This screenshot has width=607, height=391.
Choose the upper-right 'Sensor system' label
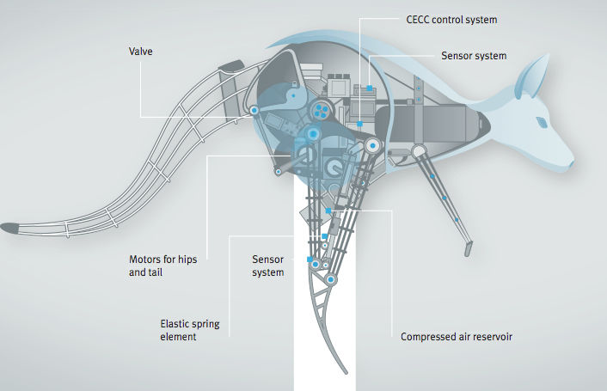(474, 56)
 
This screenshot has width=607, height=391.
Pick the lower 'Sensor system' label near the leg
(267, 266)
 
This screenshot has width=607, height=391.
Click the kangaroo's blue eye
(543, 121)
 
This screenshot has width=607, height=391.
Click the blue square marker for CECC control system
(368, 88)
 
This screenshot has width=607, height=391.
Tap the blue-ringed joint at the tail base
(254, 110)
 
